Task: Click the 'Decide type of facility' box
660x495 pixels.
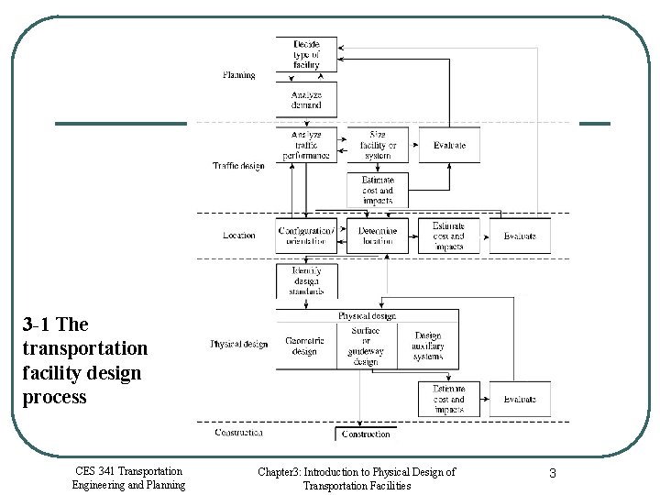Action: tap(306, 54)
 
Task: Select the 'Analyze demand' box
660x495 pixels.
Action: tap(306, 100)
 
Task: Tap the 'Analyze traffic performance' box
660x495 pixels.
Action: tap(306, 145)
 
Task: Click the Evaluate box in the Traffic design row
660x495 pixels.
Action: tap(449, 145)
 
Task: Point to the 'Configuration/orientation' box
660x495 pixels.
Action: tap(306, 236)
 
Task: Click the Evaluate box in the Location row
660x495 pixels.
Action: tap(520, 236)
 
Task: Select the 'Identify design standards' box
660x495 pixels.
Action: tap(306, 280)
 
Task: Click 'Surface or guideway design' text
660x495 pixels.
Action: tap(365, 346)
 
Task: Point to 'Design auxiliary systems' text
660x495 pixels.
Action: tap(428, 346)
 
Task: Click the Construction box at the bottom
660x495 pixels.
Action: tap(366, 434)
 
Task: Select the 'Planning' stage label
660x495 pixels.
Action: tap(239, 75)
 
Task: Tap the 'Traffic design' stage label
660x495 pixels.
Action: tap(238, 166)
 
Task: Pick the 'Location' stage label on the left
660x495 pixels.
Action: tap(238, 236)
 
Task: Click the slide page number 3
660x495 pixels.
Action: tap(553, 473)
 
